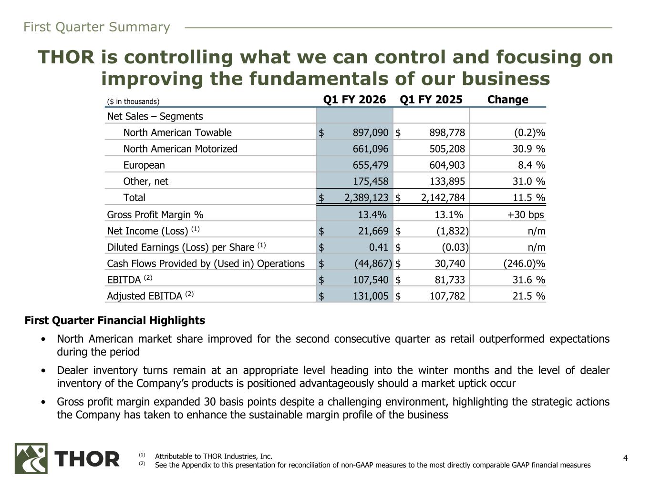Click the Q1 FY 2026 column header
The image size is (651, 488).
pyautogui.click(x=354, y=100)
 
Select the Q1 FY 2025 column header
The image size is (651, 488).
pyautogui.click(x=431, y=100)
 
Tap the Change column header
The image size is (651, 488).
pyautogui.click(x=507, y=100)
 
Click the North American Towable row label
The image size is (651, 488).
pyautogui.click(x=177, y=132)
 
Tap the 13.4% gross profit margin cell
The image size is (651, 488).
pyautogui.click(x=372, y=214)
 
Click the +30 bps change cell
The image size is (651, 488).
pyautogui.click(x=526, y=214)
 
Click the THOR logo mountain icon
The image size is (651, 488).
pyautogui.click(x=31, y=458)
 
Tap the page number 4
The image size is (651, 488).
pyautogui.click(x=626, y=458)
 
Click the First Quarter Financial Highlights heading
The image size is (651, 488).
pyautogui.click(x=114, y=320)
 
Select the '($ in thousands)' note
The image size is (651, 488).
pyautogui.click(x=133, y=102)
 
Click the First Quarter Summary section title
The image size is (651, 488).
pyautogui.click(x=96, y=27)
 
